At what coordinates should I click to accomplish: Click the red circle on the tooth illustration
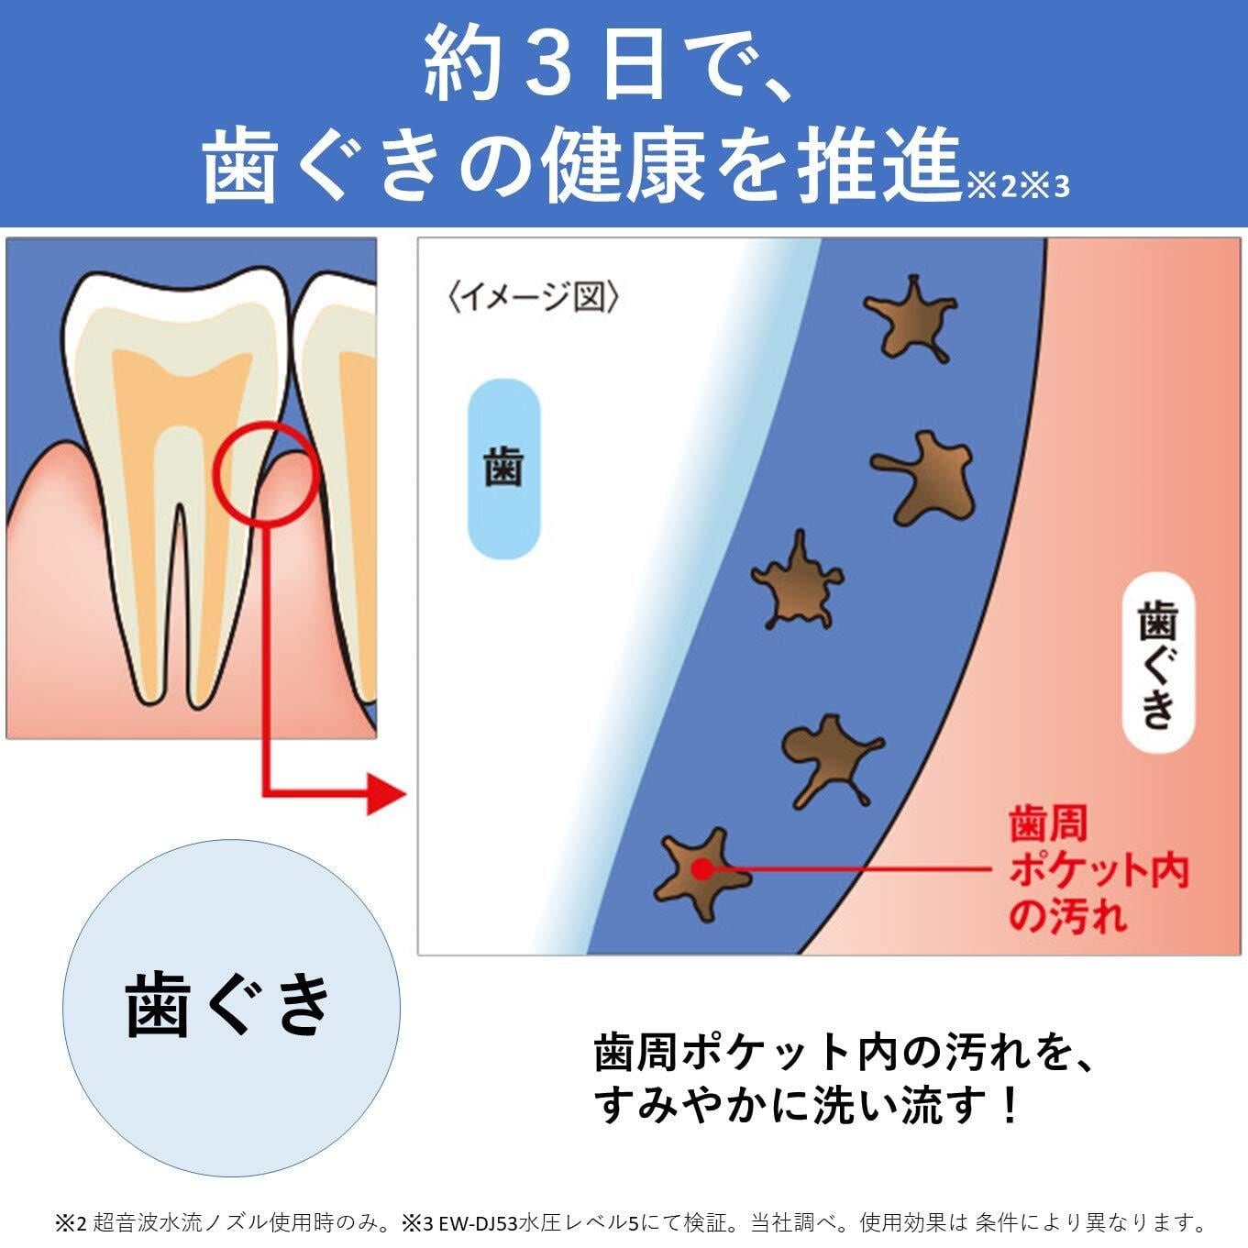(x=265, y=473)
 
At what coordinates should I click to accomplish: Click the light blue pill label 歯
(x=503, y=469)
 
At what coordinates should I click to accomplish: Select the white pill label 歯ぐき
(x=1158, y=662)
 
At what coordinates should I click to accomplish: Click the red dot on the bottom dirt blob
(x=701, y=868)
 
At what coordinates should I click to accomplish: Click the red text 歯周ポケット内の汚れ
(x=1097, y=869)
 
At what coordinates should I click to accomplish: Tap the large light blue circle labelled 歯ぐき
(x=231, y=1007)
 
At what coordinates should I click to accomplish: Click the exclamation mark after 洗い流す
(x=1010, y=1105)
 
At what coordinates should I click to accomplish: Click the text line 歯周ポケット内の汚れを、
(x=844, y=1054)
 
